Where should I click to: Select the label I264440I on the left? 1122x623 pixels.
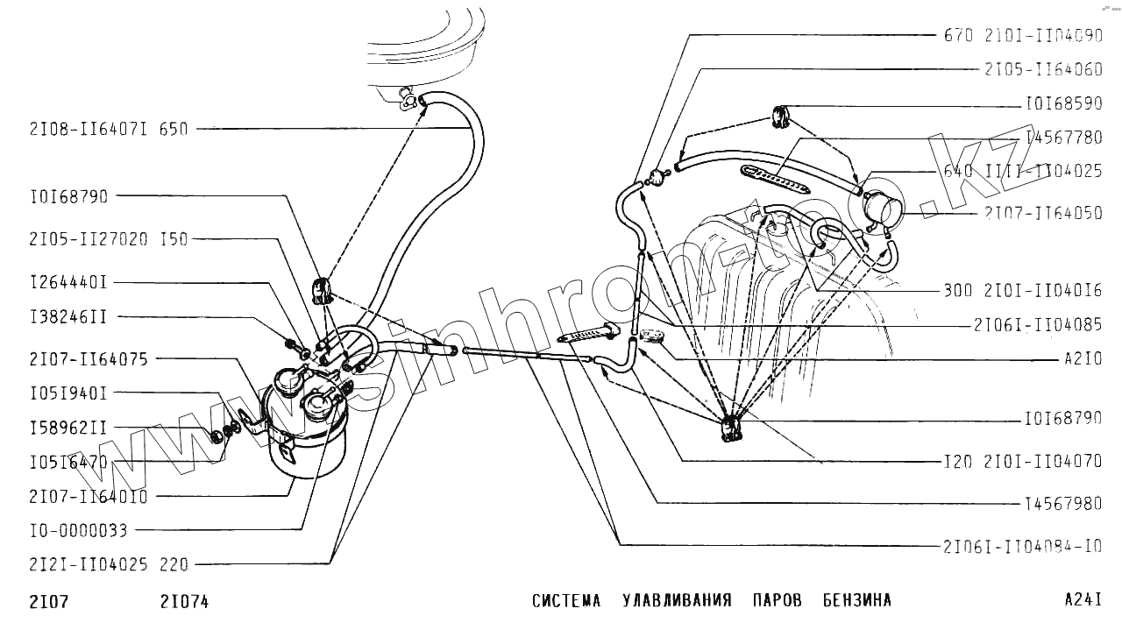[x=67, y=283]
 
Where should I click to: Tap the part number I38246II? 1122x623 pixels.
[x=67, y=317]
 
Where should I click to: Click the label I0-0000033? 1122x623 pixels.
[x=78, y=530]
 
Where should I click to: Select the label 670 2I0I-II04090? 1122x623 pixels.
[x=1023, y=36]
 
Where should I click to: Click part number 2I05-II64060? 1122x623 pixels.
[x=1043, y=69]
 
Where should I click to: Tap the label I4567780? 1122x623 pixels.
[x=1063, y=138]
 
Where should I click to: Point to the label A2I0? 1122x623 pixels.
[x=1083, y=359]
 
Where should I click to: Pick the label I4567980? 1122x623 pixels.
[x=1063, y=504]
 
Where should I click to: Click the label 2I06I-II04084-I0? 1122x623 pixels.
[x=1022, y=546]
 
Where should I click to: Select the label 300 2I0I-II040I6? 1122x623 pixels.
[x=1023, y=291]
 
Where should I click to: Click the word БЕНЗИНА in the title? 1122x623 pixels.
[x=856, y=601]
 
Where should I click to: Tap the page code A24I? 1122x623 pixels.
[x=1083, y=600]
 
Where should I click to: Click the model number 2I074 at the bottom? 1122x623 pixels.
[x=184, y=601]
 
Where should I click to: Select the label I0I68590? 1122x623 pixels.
[x=1063, y=103]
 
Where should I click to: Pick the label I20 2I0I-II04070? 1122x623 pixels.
[x=1023, y=462]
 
